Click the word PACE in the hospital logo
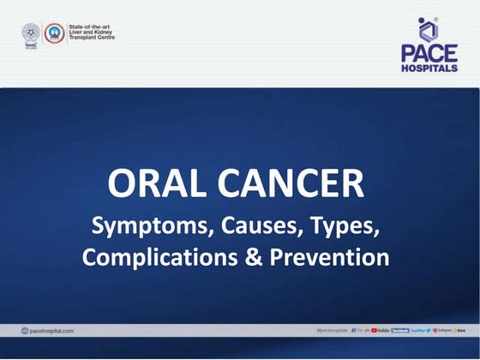[429, 53]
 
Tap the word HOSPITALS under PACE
[429, 68]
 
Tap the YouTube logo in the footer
[380, 330]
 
